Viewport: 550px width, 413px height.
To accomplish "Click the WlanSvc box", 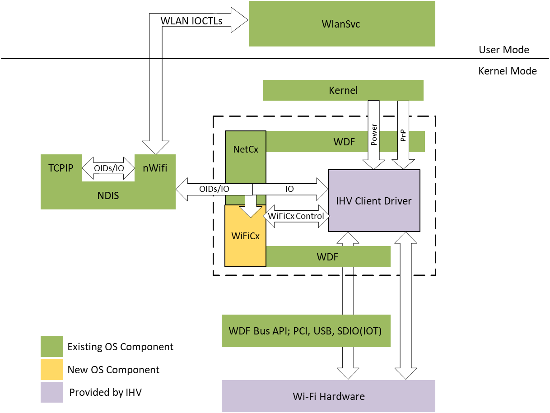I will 342,24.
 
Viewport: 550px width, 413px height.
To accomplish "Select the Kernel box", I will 343,90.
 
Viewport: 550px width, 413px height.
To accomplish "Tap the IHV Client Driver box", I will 374,201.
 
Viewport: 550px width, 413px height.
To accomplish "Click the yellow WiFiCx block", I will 245,241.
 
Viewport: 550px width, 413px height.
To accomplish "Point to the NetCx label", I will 246,149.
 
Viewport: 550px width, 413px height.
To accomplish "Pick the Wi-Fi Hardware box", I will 328,396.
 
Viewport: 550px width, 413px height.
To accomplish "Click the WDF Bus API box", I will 306,331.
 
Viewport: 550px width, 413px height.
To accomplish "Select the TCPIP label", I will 61,168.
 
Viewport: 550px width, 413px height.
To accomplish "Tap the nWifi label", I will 155,168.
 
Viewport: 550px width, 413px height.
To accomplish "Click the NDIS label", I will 108,196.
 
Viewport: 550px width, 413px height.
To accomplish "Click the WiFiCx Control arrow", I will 296,216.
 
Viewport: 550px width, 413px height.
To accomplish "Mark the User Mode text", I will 503,50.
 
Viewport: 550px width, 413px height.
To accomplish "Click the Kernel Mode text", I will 507,71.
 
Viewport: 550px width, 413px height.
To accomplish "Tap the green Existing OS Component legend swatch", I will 51,347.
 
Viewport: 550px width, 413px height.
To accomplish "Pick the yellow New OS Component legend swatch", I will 51,370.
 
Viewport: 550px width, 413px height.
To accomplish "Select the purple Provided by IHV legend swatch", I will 51,392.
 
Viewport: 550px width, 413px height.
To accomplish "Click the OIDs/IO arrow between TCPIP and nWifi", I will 108,168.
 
